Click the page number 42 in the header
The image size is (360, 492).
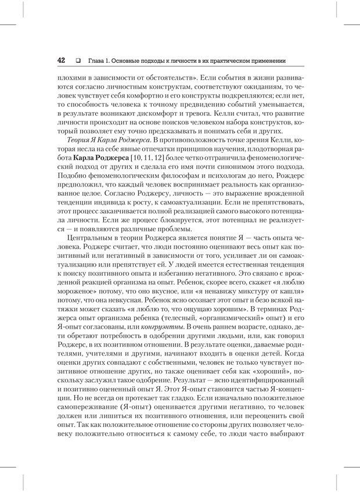(x=61, y=60)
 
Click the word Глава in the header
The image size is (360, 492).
(x=96, y=60)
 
